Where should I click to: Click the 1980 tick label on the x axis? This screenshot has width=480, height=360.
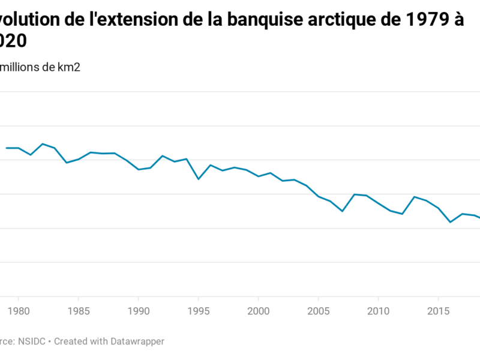pyautogui.click(x=18, y=311)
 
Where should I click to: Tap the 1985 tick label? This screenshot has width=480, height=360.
pyautogui.click(x=78, y=311)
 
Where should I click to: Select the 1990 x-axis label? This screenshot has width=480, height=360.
pyautogui.click(x=138, y=311)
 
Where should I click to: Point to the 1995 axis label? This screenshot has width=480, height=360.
pyautogui.click(x=198, y=311)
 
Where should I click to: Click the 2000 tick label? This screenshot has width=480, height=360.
pyautogui.click(x=258, y=311)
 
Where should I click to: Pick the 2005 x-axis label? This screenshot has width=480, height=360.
pyautogui.click(x=318, y=311)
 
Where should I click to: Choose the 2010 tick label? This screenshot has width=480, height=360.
pyautogui.click(x=378, y=311)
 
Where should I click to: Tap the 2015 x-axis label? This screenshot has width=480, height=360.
pyautogui.click(x=438, y=311)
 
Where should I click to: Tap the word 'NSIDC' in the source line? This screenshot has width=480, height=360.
pyautogui.click(x=35, y=341)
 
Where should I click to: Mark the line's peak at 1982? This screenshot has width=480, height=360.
pyautogui.click(x=42, y=144)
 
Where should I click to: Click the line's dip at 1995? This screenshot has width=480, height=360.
pyautogui.click(x=198, y=179)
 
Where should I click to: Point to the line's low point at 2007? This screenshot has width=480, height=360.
pyautogui.click(x=342, y=211)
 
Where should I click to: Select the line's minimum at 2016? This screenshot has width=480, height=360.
pyautogui.click(x=450, y=222)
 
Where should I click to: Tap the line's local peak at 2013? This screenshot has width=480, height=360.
pyautogui.click(x=414, y=197)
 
